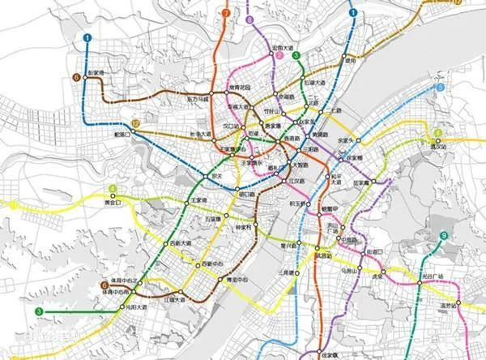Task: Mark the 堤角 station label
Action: point(349,60)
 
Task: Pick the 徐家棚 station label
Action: point(354,156)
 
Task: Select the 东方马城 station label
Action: point(199,99)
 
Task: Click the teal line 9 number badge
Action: point(443,236)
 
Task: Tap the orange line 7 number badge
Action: point(225,14)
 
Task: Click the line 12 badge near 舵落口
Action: point(136,122)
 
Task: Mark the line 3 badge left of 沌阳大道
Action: point(38,311)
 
